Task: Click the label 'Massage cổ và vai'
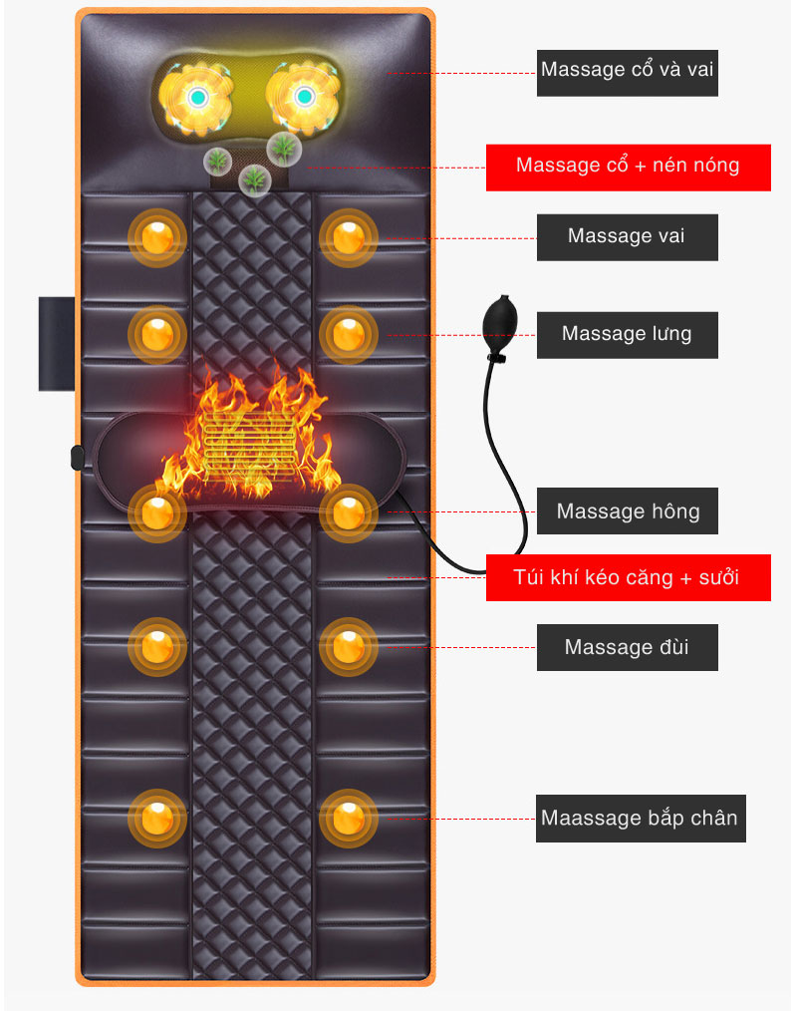pyautogui.click(x=627, y=70)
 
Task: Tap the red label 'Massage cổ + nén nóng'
pyautogui.click(x=628, y=166)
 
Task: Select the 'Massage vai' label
pyautogui.click(x=627, y=236)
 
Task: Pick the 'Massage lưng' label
pyautogui.click(x=627, y=334)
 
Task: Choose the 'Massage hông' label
pyautogui.click(x=627, y=511)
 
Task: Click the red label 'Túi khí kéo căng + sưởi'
pyautogui.click(x=628, y=577)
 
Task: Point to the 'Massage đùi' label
pyautogui.click(x=627, y=647)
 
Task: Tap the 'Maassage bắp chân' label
pyautogui.click(x=640, y=819)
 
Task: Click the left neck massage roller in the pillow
pyautogui.click(x=197, y=98)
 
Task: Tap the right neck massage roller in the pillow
pyautogui.click(x=302, y=98)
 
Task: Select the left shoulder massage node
pyautogui.click(x=157, y=237)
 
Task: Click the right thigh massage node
pyautogui.click(x=348, y=647)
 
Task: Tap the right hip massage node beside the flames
pyautogui.click(x=348, y=512)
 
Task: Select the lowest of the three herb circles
pyautogui.click(x=256, y=179)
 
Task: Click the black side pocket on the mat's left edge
pyautogui.click(x=56, y=342)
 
